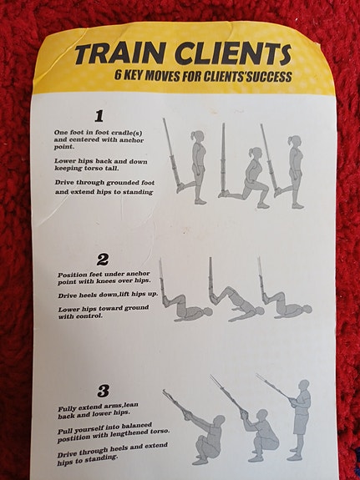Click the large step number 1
[99, 116]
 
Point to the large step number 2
[103, 260]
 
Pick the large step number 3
[104, 391]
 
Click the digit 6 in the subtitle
[118, 74]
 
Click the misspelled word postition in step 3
[73, 437]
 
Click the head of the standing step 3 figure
[304, 385]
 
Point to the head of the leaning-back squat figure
[219, 420]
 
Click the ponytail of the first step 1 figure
[193, 135]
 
